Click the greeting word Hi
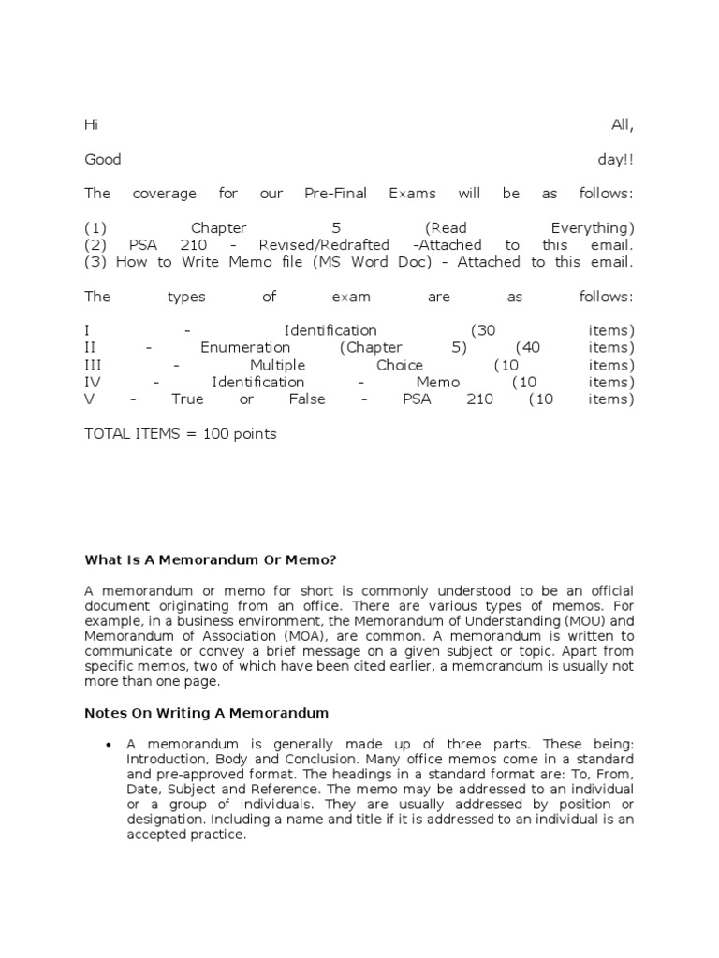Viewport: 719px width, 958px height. tap(91, 125)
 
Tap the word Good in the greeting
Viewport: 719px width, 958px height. tap(103, 160)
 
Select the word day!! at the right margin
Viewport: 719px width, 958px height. tap(615, 160)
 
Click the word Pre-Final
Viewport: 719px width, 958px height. tap(331, 194)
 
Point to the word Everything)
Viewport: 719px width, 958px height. tap(592, 228)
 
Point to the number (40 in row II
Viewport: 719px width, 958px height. tap(531, 348)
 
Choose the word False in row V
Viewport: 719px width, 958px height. tap(307, 399)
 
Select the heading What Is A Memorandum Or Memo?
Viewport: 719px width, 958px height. tap(210, 559)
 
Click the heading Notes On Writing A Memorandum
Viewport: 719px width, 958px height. tap(206, 713)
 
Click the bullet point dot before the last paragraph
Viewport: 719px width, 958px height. tap(110, 745)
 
